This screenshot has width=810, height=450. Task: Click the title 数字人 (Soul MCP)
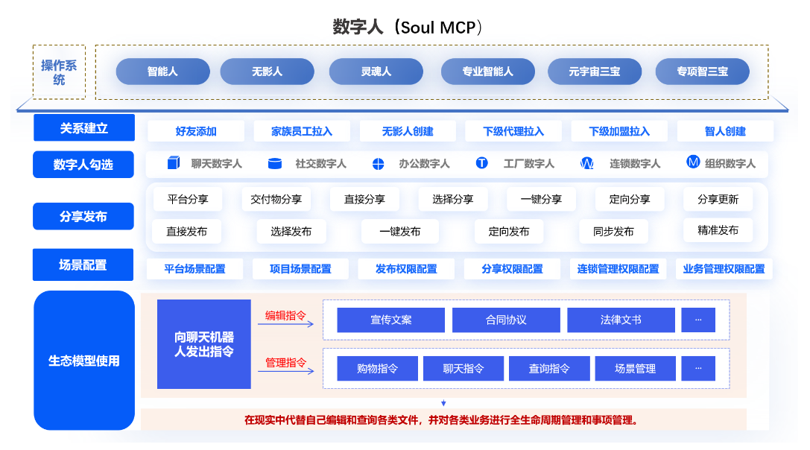(x=407, y=27)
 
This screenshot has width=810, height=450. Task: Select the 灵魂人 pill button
(x=376, y=72)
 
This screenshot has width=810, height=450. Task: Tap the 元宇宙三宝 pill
(x=595, y=72)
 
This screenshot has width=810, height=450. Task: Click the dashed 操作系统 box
(x=59, y=72)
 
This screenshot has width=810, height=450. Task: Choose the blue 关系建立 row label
(x=84, y=127)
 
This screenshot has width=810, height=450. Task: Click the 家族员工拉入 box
(x=302, y=131)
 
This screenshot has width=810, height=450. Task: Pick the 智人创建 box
(x=725, y=131)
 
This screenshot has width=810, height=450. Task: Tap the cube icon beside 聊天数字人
(x=174, y=162)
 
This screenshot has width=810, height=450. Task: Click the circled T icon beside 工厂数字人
(x=481, y=163)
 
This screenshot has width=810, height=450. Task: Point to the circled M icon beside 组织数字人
(x=693, y=162)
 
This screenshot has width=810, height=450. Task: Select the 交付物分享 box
(x=276, y=199)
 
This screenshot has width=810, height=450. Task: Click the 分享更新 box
(x=718, y=199)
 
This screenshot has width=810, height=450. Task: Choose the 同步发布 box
(x=613, y=232)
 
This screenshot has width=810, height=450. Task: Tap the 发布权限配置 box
(x=407, y=269)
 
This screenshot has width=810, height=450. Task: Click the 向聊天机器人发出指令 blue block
(x=204, y=344)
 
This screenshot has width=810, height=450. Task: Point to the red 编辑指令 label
(x=285, y=315)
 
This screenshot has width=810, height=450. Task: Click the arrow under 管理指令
(x=285, y=371)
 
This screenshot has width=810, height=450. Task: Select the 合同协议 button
(x=506, y=320)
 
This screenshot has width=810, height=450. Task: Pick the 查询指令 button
(x=549, y=368)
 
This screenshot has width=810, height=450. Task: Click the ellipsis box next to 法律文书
(x=698, y=320)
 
